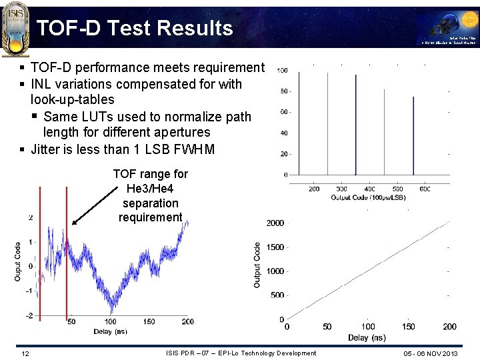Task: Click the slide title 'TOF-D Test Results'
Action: click(135, 28)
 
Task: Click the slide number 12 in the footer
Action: click(25, 353)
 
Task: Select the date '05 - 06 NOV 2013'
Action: click(431, 353)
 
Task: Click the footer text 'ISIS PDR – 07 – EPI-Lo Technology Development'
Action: click(241, 353)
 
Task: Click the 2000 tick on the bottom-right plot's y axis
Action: click(275, 223)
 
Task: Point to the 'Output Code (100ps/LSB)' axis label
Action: click(368, 198)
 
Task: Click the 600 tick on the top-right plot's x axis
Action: click(425, 189)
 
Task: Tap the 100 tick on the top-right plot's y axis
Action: click(283, 71)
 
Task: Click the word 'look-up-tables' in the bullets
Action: click(72, 100)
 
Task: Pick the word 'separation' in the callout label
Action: click(150, 203)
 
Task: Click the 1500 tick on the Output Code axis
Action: click(275, 247)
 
